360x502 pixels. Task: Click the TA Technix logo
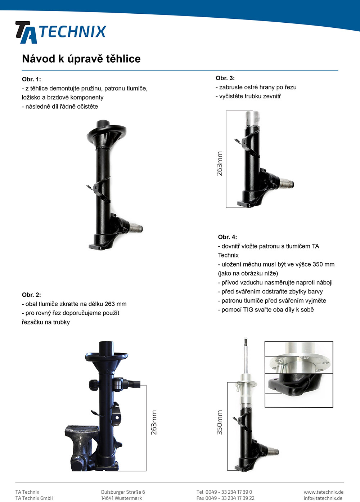click(x=60, y=32)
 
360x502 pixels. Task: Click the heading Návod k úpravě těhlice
click(x=81, y=59)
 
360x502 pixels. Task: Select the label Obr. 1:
click(x=31, y=79)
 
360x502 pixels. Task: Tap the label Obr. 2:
click(x=31, y=295)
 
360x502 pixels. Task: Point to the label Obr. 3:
click(x=225, y=78)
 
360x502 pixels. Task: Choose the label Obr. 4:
click(x=228, y=237)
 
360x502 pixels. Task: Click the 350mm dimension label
click(x=220, y=422)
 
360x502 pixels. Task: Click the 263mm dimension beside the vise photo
click(x=154, y=422)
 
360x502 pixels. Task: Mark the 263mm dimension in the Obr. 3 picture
click(x=220, y=163)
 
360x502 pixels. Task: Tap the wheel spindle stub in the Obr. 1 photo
click(x=136, y=229)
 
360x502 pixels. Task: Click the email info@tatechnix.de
click(x=323, y=498)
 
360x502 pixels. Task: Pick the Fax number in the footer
click(x=225, y=498)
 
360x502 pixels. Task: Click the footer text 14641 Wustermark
click(x=121, y=498)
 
